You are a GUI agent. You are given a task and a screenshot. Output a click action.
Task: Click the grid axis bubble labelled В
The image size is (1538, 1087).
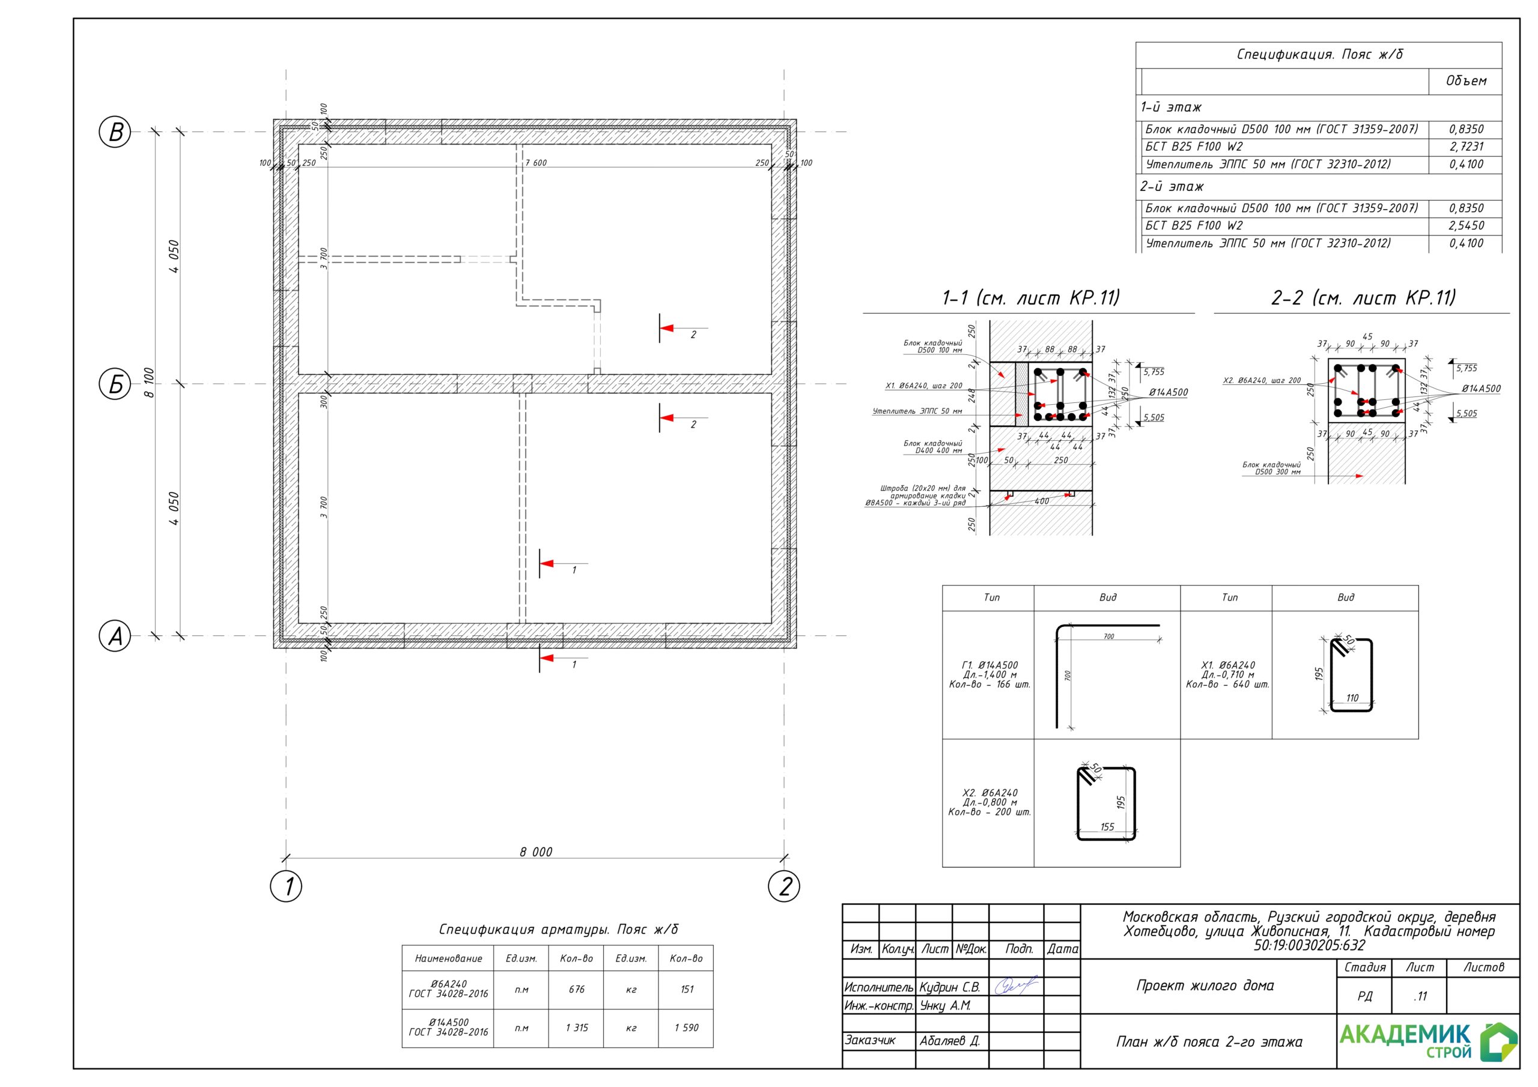click(x=115, y=132)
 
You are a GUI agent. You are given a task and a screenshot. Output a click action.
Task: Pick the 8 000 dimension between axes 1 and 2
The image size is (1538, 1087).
click(x=536, y=852)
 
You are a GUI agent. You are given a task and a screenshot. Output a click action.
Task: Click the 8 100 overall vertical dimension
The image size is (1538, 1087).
click(x=150, y=383)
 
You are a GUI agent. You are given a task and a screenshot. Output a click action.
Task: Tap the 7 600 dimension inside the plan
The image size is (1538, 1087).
click(x=536, y=163)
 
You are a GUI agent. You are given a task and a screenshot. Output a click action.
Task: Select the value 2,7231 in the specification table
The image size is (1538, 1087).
click(x=1467, y=147)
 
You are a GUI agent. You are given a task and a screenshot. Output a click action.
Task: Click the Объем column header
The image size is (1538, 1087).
click(x=1466, y=81)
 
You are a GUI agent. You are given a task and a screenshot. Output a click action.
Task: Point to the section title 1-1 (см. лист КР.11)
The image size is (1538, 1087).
click(x=1031, y=297)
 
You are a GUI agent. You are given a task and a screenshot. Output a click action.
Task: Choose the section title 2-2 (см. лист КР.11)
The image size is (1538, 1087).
click(x=1363, y=297)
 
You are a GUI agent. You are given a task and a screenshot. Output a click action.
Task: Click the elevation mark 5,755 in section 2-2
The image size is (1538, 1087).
click(x=1467, y=368)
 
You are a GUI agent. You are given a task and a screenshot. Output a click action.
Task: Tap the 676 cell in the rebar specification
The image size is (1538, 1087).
click(x=576, y=989)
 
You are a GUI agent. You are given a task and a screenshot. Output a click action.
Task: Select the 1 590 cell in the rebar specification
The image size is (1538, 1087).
click(x=687, y=1028)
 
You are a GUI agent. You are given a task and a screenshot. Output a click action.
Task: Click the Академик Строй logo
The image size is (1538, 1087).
click(x=1427, y=1041)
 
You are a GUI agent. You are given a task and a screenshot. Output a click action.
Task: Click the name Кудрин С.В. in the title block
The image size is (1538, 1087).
click(x=950, y=987)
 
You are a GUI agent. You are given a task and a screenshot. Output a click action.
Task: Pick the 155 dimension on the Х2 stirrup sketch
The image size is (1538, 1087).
click(x=1107, y=827)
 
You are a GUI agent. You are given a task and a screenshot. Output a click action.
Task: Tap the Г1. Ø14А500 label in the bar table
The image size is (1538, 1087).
click(x=989, y=665)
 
